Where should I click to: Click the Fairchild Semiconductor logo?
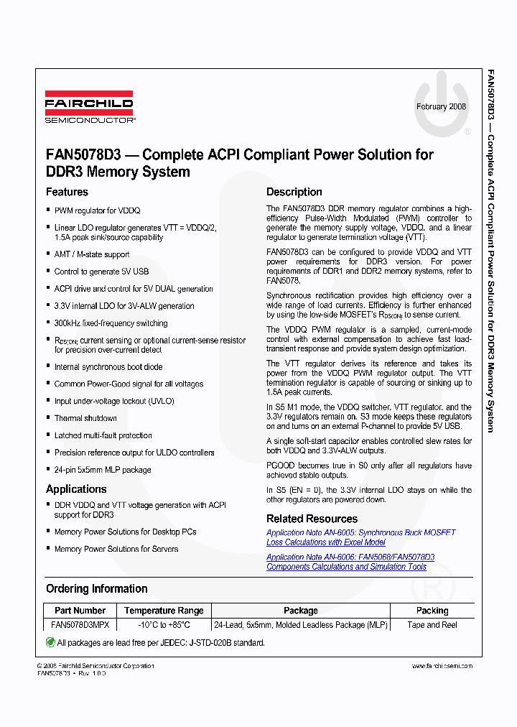tap(89, 107)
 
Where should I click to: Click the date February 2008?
tap(441, 106)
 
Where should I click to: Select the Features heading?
tap(67, 192)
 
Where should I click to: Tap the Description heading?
tap(294, 192)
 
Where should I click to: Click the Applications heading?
tap(76, 489)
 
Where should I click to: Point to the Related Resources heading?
tap(312, 519)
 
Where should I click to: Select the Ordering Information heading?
tap(96, 588)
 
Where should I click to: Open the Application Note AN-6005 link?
tap(360, 537)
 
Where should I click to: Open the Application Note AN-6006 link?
tap(350, 562)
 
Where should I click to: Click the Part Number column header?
tap(80, 611)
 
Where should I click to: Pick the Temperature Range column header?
tap(164, 611)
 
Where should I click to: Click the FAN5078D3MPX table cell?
tap(80, 625)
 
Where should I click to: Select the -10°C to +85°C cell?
tap(164, 625)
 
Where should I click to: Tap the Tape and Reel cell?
tap(432, 625)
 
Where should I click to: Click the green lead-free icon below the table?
tap(50, 643)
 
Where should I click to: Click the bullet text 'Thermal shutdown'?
tap(85, 418)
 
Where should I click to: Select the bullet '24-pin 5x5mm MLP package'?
tap(103, 470)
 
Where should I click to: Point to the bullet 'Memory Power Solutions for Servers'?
tap(116, 549)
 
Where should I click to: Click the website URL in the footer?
tap(442, 666)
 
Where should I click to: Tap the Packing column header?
tap(432, 611)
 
